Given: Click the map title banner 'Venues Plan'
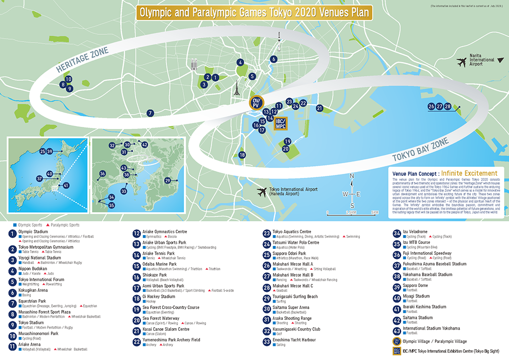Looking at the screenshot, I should pyautogui.click(x=254, y=12).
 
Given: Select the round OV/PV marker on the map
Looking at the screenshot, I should pyautogui.click(x=256, y=103).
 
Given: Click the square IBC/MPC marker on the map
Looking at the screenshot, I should pyautogui.click(x=281, y=123).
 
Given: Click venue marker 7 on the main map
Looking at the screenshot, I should pyautogui.click(x=150, y=113).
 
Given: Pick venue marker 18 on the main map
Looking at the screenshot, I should pyautogui.click(x=242, y=155).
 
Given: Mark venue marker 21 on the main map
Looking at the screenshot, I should pyautogui.click(x=320, y=108).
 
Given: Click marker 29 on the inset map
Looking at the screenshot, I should pyautogui.click(x=167, y=181).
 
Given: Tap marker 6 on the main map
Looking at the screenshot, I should pyautogui.click(x=274, y=59).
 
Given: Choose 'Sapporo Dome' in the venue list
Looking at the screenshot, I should pyautogui.click(x=416, y=285).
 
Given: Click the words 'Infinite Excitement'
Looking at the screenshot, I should pyautogui.click(x=469, y=173).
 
